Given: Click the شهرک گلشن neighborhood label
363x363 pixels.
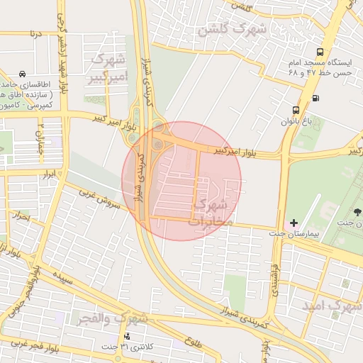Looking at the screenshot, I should [232, 30].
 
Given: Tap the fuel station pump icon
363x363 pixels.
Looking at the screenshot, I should [315, 97].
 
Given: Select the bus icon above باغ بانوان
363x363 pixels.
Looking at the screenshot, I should [320, 52].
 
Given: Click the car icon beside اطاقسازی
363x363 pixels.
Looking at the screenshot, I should [23, 74].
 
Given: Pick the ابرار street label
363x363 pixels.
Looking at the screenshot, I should [48, 172].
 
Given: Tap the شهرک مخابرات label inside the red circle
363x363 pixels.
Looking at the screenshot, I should [211, 213].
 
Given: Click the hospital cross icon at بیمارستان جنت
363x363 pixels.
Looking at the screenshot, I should [294, 223].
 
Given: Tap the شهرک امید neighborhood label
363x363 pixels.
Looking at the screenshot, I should [332, 306].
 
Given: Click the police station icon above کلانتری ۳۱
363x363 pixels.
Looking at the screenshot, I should [127, 335].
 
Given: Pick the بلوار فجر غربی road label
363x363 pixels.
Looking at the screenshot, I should [28, 343].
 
